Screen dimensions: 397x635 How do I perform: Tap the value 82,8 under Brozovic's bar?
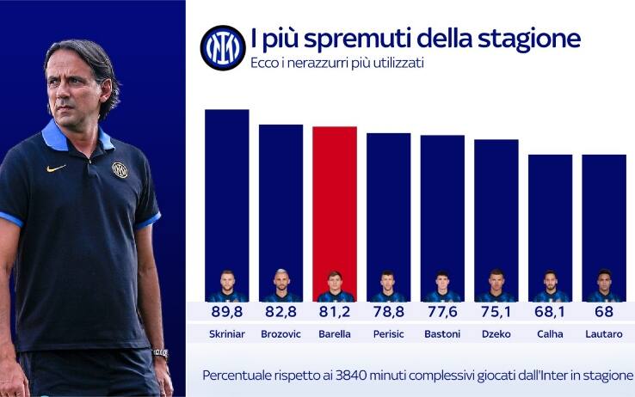click(281, 310)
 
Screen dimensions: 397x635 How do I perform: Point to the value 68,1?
click(550, 310)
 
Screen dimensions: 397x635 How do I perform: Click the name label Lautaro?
click(603, 334)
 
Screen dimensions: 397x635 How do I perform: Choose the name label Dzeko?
click(496, 334)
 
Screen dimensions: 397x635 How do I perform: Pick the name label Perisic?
click(388, 334)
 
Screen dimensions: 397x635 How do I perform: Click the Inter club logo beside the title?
click(223, 48)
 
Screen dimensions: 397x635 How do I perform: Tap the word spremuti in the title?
click(354, 40)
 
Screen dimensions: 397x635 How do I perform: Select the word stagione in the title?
click(536, 40)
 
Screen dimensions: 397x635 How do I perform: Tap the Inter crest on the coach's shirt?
click(120, 170)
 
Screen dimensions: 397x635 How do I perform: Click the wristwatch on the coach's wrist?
click(160, 353)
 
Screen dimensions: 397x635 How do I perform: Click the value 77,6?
click(442, 310)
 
